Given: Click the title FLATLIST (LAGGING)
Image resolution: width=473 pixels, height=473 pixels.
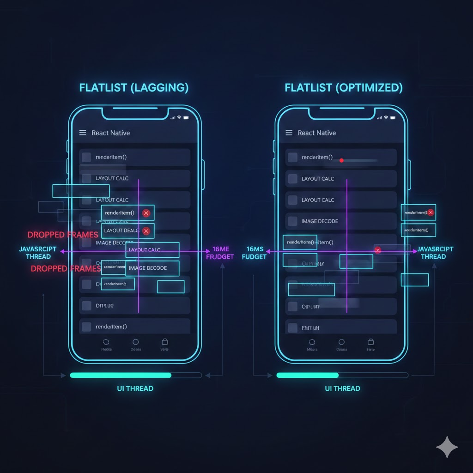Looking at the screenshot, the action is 134,88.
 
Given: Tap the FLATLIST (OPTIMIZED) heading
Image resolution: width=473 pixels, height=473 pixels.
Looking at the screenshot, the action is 344,88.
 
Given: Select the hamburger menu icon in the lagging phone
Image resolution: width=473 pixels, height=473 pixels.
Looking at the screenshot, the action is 83,133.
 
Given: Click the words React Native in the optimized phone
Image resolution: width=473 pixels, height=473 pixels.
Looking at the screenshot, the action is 316,133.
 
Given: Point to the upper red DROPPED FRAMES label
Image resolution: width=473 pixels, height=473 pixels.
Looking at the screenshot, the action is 63,235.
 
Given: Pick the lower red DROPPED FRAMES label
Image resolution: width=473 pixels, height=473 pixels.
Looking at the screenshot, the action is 66,268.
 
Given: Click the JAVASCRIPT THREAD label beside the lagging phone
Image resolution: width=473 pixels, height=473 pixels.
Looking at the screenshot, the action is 38,253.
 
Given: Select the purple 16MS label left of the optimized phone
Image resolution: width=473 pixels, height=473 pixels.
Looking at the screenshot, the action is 254,253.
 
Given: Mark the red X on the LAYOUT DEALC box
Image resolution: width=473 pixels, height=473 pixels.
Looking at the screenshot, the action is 146,231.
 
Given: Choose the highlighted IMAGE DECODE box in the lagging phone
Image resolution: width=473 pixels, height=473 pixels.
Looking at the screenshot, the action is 152,268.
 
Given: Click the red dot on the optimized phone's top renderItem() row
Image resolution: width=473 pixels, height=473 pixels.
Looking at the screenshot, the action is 341,160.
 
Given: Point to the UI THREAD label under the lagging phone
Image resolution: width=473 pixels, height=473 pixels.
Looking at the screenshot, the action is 135,388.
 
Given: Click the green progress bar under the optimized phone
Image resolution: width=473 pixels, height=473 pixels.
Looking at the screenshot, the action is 307,375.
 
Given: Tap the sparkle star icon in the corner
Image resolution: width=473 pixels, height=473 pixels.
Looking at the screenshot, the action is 447,447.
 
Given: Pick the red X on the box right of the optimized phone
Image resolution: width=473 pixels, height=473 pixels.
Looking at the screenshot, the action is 431,212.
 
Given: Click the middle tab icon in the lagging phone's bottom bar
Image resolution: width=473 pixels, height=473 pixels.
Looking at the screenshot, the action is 135,342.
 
